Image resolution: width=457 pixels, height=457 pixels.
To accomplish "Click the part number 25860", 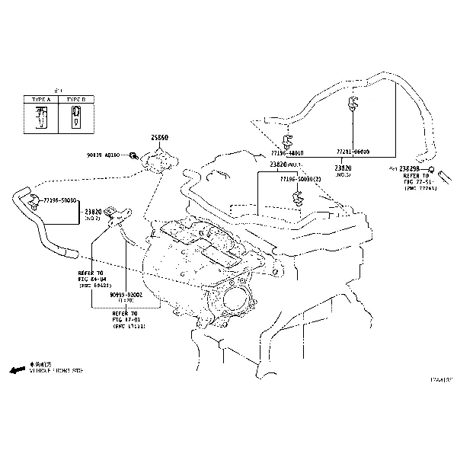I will point(159,138).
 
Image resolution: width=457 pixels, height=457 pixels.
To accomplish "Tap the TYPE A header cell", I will point(40,100).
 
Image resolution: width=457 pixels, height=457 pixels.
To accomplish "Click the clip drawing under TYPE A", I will point(41,117).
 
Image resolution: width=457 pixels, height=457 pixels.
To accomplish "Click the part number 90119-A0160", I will point(102,155).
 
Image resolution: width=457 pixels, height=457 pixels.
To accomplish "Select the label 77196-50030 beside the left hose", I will point(59,200).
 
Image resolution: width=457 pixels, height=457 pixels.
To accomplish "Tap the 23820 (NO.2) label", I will point(93,214).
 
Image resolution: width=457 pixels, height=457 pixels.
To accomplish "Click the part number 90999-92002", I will point(125,293).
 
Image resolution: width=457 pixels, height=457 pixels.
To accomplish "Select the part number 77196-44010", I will point(286,152).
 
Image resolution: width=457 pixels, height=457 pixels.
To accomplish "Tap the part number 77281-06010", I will point(353,152).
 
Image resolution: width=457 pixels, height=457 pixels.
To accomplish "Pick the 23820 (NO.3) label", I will point(343,171).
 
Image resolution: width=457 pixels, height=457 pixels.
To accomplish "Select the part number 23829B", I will point(404,168).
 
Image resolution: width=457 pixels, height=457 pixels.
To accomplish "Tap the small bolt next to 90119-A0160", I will point(133,155).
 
